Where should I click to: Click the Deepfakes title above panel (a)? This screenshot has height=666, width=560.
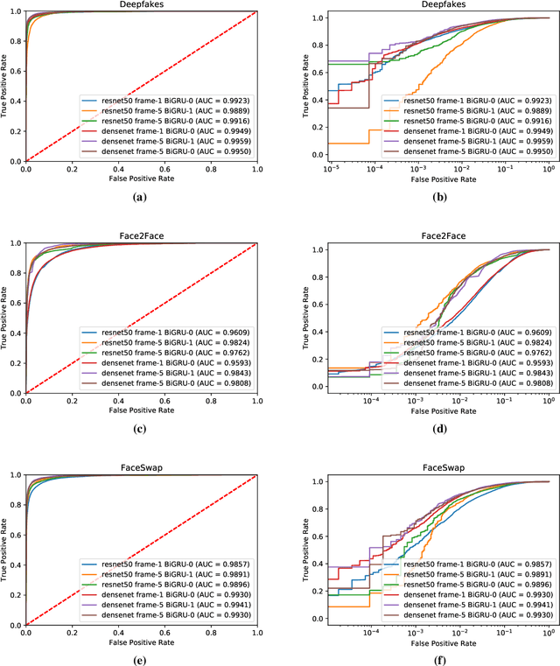coord(140,4)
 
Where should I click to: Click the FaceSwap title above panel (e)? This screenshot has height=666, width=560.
coord(140,445)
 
